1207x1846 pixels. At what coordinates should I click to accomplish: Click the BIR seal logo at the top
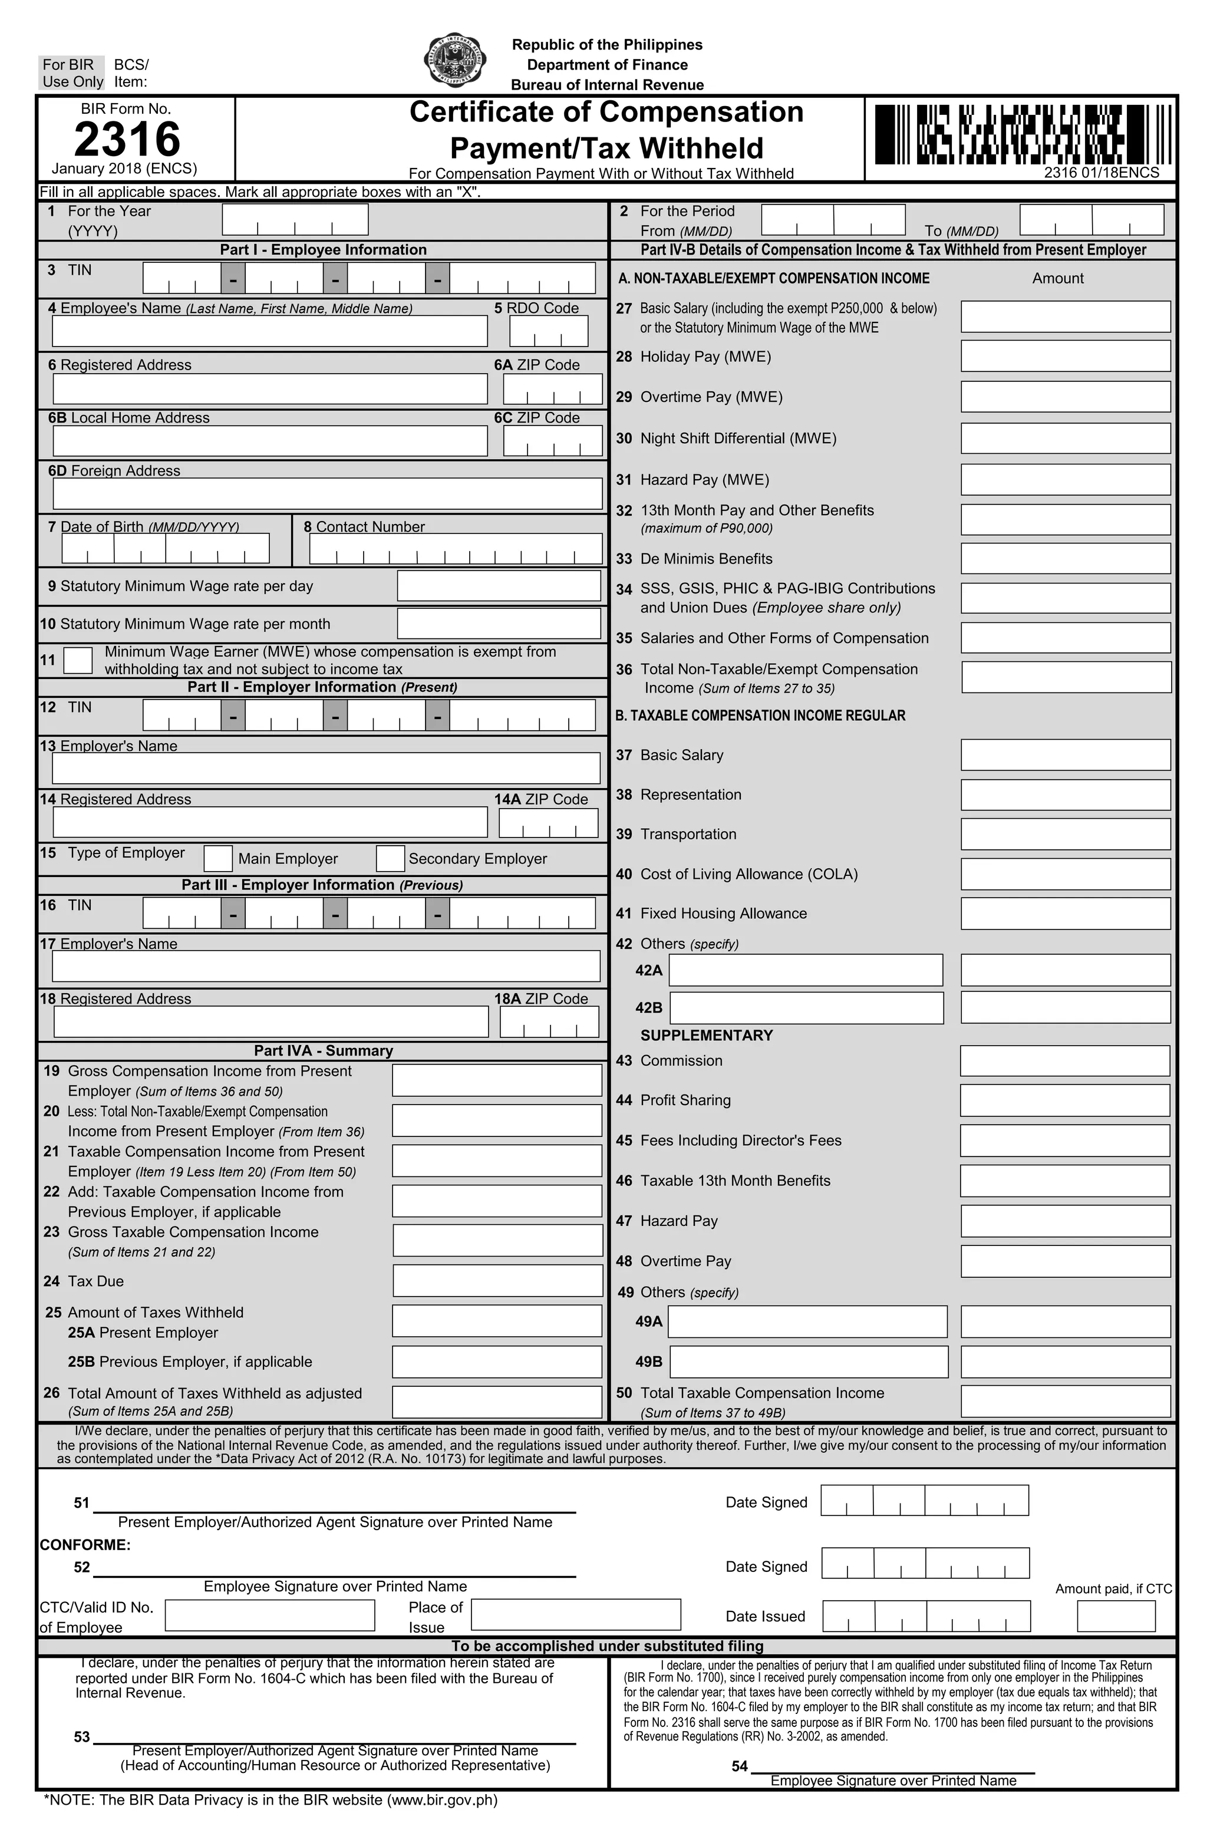point(456,61)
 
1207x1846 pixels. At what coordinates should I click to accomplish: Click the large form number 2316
point(127,140)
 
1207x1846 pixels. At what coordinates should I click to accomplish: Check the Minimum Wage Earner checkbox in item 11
point(78,660)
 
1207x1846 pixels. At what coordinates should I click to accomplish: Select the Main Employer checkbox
point(218,858)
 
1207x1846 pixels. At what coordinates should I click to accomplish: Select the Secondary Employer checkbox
point(390,858)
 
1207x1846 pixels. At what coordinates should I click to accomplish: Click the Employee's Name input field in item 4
point(269,331)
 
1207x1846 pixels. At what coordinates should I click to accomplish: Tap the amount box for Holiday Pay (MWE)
point(1065,356)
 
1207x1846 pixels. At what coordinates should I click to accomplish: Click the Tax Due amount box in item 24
point(497,1281)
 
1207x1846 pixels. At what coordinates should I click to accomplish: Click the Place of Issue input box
point(576,1615)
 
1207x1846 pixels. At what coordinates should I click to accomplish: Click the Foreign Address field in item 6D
point(327,493)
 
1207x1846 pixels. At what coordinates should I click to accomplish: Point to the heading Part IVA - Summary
point(323,1050)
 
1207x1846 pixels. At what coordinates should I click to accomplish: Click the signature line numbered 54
point(892,1765)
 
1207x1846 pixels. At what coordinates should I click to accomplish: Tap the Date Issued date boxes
point(926,1616)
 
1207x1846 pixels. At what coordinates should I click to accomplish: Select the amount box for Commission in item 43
point(1064,1060)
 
